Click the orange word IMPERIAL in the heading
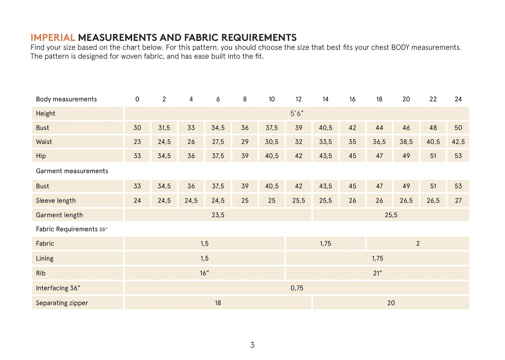[53, 37]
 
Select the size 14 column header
[325, 99]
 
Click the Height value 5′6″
[297, 114]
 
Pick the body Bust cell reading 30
[137, 128]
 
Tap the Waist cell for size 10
[272, 142]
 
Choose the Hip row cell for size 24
[458, 156]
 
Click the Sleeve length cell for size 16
[352, 201]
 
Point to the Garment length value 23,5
[218, 215]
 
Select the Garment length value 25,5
[391, 215]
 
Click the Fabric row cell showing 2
[418, 244]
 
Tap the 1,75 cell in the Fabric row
[325, 244]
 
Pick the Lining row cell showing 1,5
[204, 259]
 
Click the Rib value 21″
[377, 273]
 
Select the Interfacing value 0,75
[297, 288]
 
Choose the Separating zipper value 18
[218, 303]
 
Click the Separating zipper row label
[62, 303]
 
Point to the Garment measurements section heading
[72, 171]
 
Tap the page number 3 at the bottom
[252, 345]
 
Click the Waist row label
[44, 142]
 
